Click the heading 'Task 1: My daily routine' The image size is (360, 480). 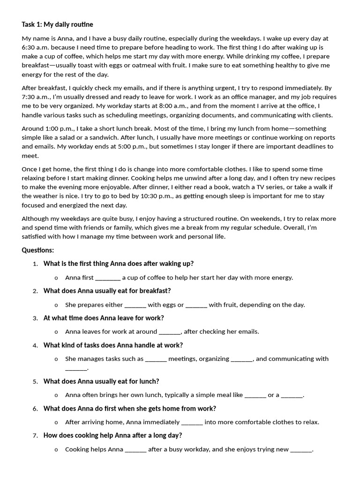[x=57, y=24]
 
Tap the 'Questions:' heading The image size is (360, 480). [x=38, y=250]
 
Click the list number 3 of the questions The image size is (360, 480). [x=35, y=318]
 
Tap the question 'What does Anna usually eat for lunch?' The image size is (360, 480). [x=101, y=381]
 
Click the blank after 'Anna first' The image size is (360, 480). [x=108, y=277]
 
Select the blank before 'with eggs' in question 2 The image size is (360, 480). [x=135, y=305]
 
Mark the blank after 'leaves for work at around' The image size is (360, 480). [x=170, y=332]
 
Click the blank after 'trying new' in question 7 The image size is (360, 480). [x=301, y=450]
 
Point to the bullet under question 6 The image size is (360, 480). [x=56, y=422]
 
